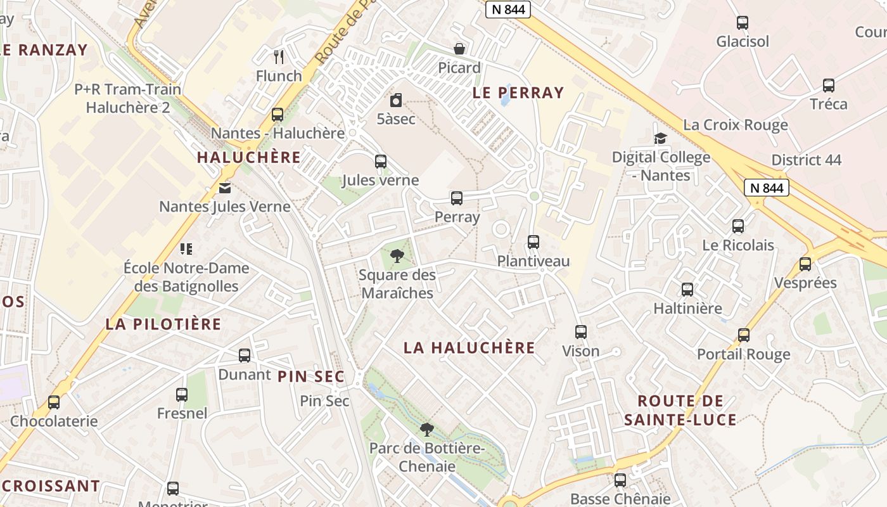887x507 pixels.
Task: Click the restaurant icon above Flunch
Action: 279,57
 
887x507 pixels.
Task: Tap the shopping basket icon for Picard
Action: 459,49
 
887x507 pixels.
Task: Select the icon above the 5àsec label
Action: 396,100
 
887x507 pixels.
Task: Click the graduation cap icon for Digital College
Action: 661,138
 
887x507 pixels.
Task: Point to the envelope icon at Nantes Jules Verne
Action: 225,188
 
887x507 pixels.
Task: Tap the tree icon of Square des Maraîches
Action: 397,256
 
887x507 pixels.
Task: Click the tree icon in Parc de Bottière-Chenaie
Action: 427,430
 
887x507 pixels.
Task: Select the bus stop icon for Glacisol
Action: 743,23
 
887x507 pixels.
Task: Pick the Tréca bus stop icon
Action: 828,86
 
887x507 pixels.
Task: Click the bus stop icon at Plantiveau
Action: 533,242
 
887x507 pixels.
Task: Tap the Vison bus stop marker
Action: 581,332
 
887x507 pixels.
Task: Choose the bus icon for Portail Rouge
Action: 744,335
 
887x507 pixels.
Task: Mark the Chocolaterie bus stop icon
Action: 54,402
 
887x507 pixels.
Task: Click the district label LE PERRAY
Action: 518,93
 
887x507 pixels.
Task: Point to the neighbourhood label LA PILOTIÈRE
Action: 163,324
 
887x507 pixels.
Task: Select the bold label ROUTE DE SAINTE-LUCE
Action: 680,410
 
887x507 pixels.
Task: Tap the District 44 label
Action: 807,160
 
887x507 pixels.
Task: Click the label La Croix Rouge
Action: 736,125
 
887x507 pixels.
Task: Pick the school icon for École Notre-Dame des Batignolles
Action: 186,248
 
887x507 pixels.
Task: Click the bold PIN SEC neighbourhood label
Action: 311,377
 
